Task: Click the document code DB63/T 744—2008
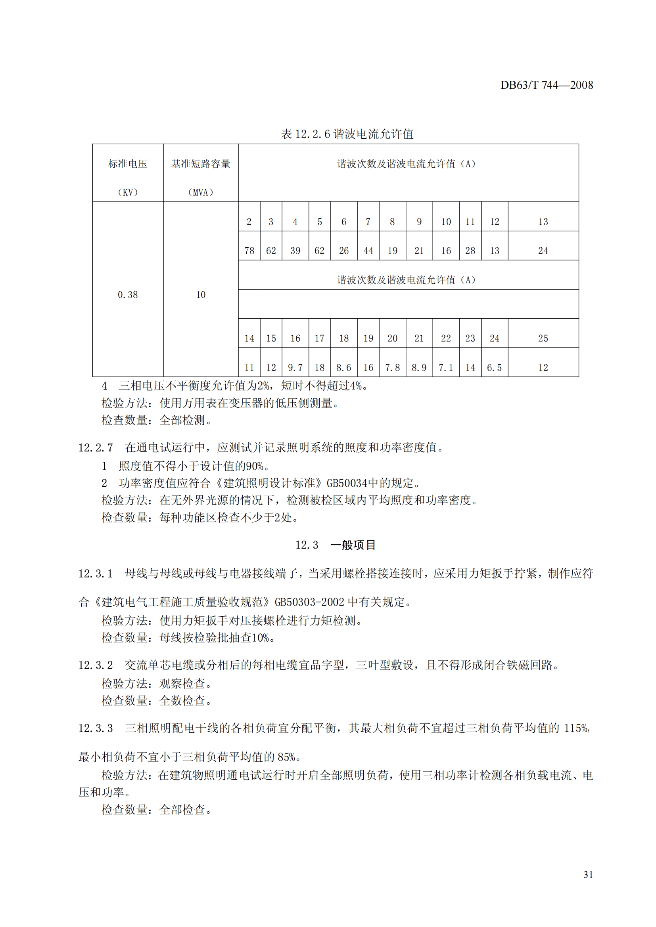point(547,85)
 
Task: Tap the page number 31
point(588,875)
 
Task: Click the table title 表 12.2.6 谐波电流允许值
point(347,134)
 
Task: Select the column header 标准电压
point(128,164)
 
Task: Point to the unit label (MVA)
point(200,193)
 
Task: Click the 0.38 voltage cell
point(128,295)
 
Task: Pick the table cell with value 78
point(249,251)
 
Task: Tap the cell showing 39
point(295,251)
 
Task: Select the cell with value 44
point(368,251)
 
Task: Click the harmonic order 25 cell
point(543,338)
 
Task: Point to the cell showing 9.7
point(295,368)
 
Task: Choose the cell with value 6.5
point(495,368)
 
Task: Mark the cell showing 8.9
point(419,368)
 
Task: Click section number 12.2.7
point(96,448)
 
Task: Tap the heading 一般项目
point(353,545)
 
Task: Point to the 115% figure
point(576,728)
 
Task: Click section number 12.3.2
point(96,665)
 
